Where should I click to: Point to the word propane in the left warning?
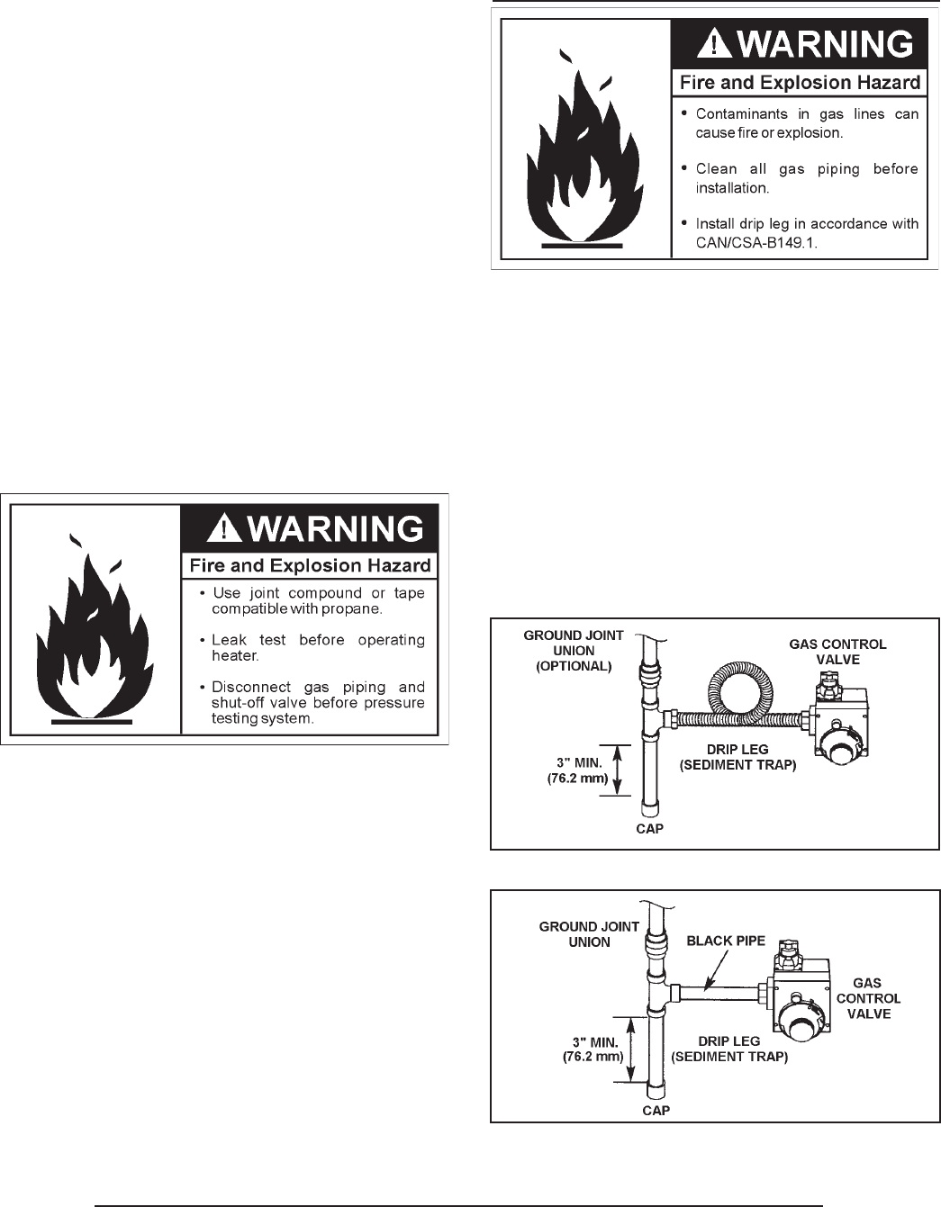pyautogui.click(x=352, y=609)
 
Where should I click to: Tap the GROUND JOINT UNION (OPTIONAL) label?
pyautogui.click(x=574, y=651)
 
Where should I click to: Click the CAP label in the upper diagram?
pyautogui.click(x=649, y=828)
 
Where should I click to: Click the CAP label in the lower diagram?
pyautogui.click(x=656, y=1111)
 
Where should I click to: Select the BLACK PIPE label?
pyautogui.click(x=726, y=941)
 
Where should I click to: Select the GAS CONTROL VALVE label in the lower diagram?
pyautogui.click(x=868, y=998)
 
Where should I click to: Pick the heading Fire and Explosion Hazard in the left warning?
pyautogui.click(x=310, y=566)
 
